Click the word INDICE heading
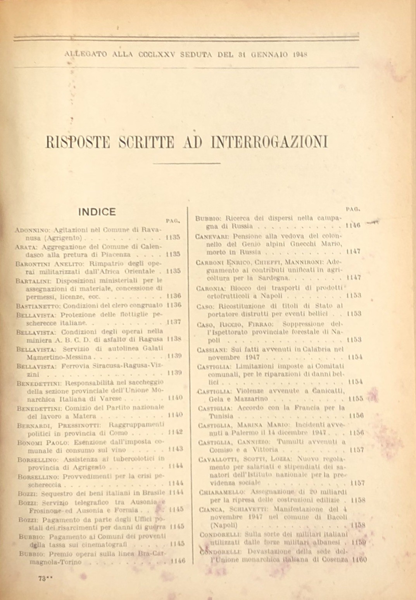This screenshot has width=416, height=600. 97,212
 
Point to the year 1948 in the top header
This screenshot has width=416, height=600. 300,54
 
